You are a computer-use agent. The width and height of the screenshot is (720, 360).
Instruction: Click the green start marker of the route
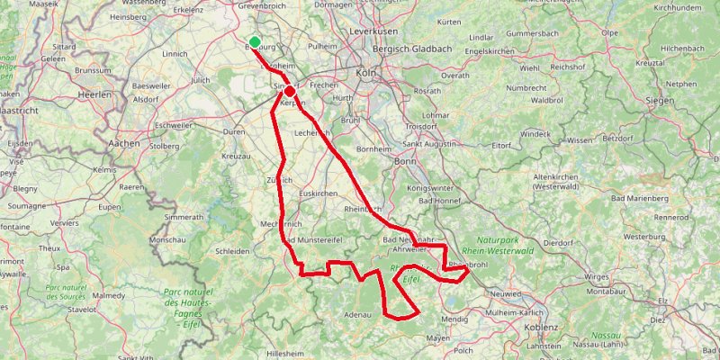pos(256,41)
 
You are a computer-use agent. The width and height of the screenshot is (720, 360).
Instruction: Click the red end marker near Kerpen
pos(290,91)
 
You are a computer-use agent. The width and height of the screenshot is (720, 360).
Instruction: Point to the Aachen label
pos(123,142)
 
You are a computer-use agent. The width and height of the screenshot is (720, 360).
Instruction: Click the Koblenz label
pos(540,328)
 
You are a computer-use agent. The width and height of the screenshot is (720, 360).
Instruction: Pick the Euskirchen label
pos(317,193)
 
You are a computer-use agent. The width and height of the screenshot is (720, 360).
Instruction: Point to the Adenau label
pos(357,315)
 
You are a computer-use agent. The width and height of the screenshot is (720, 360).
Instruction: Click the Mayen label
pos(438,338)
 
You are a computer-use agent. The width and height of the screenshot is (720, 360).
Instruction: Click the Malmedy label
pos(109,294)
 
